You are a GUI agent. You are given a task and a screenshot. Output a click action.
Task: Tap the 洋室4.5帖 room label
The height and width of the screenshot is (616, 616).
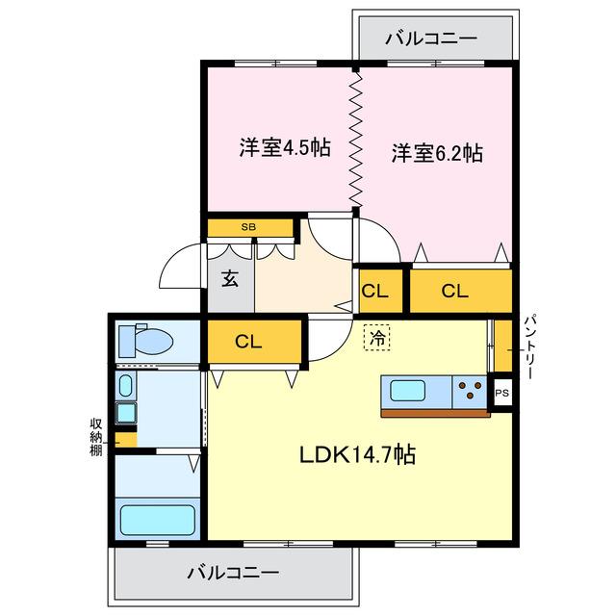tap(285, 148)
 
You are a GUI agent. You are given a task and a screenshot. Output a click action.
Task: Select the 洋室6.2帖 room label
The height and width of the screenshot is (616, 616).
tap(436, 153)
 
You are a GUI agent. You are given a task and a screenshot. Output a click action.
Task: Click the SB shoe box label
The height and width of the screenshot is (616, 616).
tap(249, 227)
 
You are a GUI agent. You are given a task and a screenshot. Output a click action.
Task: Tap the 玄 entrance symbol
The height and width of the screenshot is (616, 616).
tap(230, 279)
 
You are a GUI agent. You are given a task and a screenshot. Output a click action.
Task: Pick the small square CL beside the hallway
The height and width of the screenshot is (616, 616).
tap(375, 291)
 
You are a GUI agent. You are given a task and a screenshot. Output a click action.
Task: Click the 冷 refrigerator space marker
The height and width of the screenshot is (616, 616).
tap(377, 339)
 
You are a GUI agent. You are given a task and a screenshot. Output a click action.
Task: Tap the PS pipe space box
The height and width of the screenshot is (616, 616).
tap(500, 393)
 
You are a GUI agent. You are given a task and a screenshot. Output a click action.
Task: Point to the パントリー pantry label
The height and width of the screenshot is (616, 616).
tap(530, 345)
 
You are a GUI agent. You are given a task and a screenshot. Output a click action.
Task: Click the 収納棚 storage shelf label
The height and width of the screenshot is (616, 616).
tap(96, 437)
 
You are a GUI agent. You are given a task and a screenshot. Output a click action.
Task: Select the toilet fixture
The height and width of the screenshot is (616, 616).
tap(146, 340)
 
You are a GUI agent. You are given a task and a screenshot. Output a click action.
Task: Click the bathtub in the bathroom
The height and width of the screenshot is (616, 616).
tap(157, 520)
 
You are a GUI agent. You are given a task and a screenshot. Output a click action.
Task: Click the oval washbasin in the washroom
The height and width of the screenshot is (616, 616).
tap(124, 387)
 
